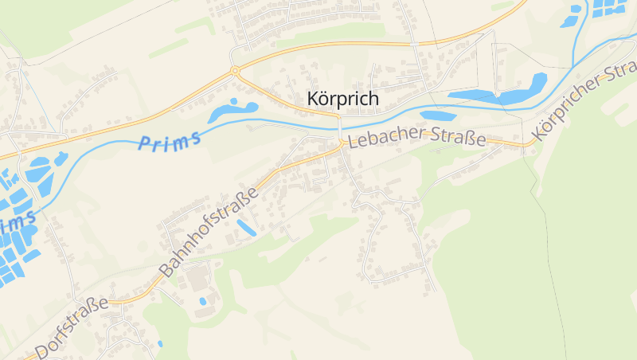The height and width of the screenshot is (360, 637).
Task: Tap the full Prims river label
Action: click(169, 139)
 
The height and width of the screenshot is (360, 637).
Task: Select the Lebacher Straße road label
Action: click(417, 138)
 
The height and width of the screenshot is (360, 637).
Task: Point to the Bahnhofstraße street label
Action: click(209, 232)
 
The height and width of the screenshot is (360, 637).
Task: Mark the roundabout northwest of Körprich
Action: click(235, 71)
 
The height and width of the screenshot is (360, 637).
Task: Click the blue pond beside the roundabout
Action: click(233, 110)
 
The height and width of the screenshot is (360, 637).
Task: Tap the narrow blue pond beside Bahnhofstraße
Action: click(246, 228)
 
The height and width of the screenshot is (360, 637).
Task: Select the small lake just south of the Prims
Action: click(437, 115)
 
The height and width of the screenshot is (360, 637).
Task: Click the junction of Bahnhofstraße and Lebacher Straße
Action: click(342, 143)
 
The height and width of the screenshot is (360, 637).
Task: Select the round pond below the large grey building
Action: click(202, 302)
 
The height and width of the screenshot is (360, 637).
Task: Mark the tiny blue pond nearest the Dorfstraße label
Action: click(159, 343)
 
